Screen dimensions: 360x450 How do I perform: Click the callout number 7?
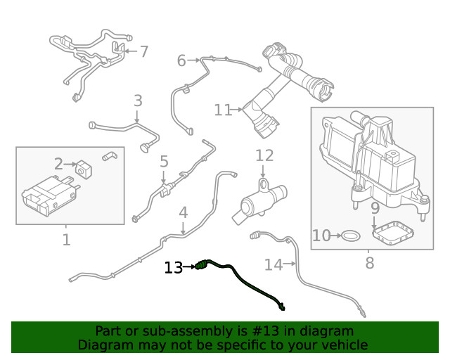[144, 51]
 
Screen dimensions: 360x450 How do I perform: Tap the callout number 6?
[181, 61]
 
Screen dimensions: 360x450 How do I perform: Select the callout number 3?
[138, 101]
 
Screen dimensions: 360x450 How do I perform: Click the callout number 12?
[264, 155]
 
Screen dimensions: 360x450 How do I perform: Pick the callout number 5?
[164, 162]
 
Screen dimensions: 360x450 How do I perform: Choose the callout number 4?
[183, 212]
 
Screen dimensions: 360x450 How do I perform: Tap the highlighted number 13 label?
[173, 267]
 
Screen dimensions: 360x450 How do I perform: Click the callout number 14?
[273, 264]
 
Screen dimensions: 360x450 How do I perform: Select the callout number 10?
[321, 236]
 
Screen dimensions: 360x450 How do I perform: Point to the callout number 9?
[375, 208]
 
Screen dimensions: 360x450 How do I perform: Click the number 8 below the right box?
[370, 264]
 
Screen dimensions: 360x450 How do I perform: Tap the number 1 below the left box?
[66, 240]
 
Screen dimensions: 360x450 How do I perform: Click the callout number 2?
[59, 164]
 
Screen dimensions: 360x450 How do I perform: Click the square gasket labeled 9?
[392, 233]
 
